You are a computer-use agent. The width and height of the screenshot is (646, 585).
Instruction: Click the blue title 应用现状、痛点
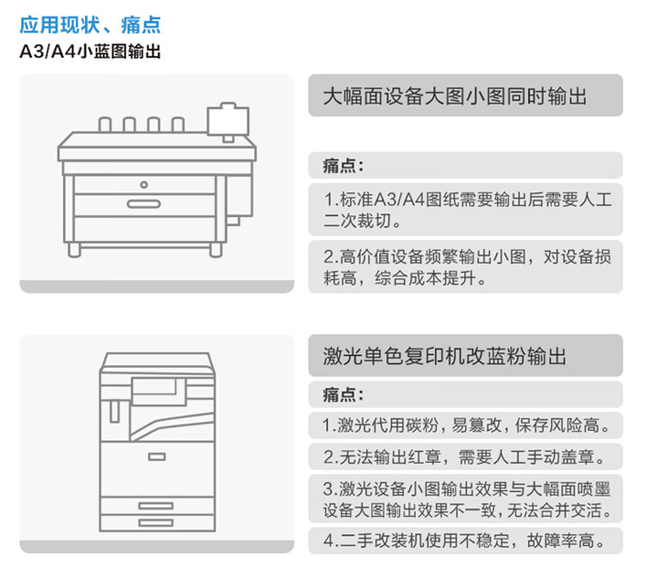tap(90, 25)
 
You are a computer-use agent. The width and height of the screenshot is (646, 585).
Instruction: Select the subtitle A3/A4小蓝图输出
tap(90, 52)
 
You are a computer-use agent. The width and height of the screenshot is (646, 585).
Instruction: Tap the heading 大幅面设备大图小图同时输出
tap(455, 96)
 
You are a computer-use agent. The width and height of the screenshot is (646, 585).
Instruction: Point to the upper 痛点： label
tap(344, 165)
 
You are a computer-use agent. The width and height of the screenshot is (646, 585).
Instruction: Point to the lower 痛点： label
tap(344, 395)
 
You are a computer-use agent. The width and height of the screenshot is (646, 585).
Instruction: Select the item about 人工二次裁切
tap(465, 210)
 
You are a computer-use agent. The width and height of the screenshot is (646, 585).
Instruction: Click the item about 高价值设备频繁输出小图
tap(465, 267)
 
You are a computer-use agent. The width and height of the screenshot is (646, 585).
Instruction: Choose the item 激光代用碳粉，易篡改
tap(465, 425)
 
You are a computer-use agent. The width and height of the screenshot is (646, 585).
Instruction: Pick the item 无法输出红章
tap(465, 456)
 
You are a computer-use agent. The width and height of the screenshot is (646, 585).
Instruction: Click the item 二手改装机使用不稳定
tap(465, 541)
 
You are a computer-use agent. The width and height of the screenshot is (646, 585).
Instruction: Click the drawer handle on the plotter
tap(144, 203)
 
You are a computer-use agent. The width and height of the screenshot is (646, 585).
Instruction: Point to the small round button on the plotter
tap(144, 184)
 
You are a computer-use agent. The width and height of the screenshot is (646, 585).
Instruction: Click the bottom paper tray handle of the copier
tap(155, 522)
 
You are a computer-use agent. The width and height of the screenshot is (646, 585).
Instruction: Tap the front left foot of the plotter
tap(75, 249)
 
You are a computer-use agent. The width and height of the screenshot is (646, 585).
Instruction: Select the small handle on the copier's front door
tap(155, 456)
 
